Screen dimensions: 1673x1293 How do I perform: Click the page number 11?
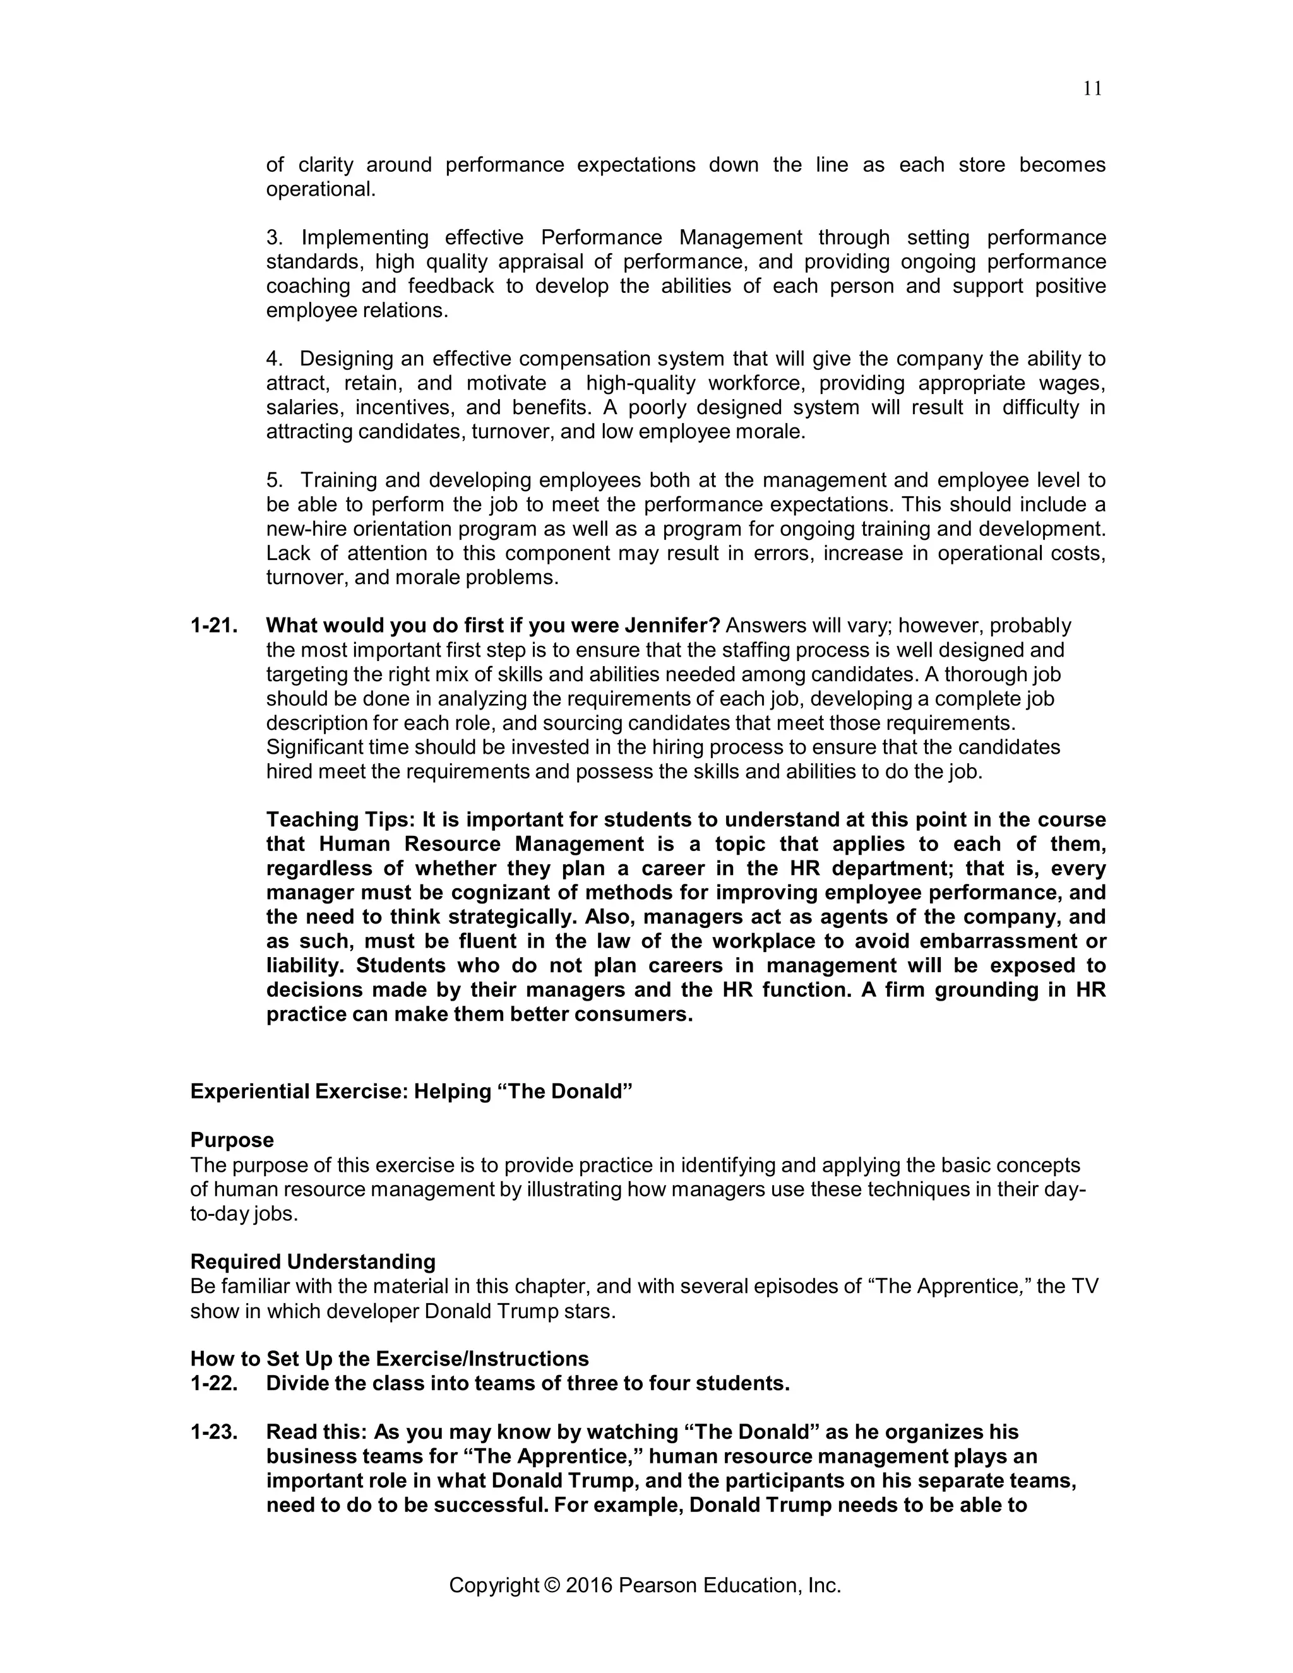tap(1093, 90)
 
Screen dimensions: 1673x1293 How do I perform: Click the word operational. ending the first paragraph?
tap(321, 189)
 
